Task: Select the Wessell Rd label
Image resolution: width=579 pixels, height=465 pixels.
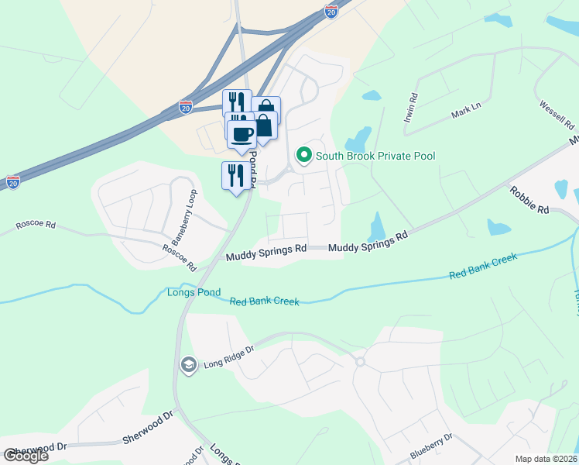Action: tap(557, 114)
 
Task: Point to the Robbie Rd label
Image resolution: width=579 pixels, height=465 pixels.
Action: tap(529, 200)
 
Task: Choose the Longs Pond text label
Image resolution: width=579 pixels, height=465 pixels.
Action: tap(194, 293)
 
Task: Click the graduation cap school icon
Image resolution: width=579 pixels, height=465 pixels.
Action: tap(188, 364)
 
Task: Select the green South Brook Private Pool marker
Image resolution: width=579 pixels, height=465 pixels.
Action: tap(303, 156)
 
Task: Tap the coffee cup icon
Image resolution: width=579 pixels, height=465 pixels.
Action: tap(242, 133)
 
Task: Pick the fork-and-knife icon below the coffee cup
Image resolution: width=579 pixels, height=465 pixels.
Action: tap(236, 175)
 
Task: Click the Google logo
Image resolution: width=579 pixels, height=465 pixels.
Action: tap(26, 456)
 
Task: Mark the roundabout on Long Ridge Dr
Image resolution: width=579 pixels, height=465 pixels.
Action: tap(359, 362)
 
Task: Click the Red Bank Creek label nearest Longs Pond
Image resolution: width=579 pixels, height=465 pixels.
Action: tap(264, 301)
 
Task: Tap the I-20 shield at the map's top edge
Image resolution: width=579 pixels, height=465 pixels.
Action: tap(331, 12)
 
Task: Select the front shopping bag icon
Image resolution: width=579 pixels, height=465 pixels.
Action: tap(263, 126)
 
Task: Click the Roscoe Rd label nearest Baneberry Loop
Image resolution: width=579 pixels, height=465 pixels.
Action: tap(175, 253)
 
